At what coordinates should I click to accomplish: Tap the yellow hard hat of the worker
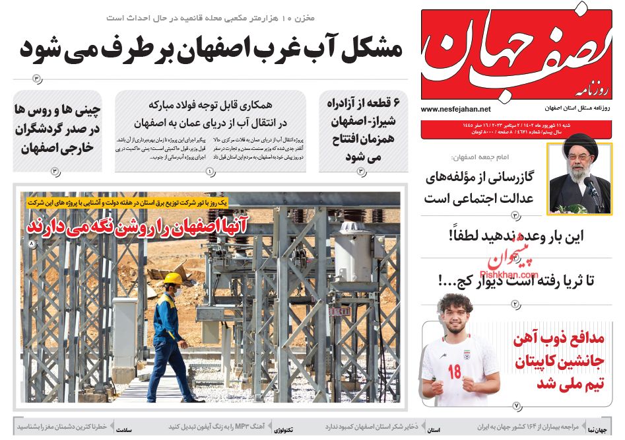[173, 279]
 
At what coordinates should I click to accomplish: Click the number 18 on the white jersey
[454, 371]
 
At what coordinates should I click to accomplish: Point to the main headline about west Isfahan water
[211, 49]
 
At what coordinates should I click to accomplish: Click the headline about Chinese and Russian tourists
[57, 128]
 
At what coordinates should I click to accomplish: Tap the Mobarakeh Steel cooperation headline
[211, 114]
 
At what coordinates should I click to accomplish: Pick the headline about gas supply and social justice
[478, 187]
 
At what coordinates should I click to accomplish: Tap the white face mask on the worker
[177, 291]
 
